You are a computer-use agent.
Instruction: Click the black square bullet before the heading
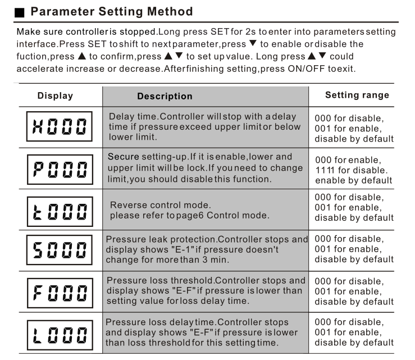pos(20,12)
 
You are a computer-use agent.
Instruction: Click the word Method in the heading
pos(168,11)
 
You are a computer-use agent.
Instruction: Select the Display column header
pos(55,95)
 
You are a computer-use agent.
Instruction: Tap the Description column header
pos(165,96)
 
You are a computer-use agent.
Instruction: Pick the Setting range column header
pos(357,95)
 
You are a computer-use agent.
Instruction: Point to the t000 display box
pos(58,210)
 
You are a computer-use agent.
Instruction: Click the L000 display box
pos(58,334)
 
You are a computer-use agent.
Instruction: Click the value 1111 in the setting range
pos(326,170)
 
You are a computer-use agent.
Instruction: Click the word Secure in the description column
pos(123,157)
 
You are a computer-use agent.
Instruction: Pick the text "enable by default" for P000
pos(353,180)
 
